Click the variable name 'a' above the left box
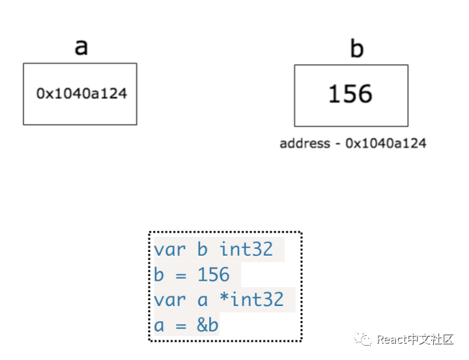pyautogui.click(x=81, y=47)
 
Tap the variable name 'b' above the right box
pyautogui.click(x=356, y=49)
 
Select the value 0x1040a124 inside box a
pyautogui.click(x=81, y=93)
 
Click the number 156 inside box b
pyautogui.click(x=350, y=94)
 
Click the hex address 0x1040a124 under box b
pyautogui.click(x=386, y=143)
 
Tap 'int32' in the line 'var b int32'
pyautogui.click(x=246, y=249)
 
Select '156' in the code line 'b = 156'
pyautogui.click(x=214, y=275)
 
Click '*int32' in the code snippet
pyautogui.click(x=251, y=299)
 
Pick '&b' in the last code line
pyautogui.click(x=208, y=325)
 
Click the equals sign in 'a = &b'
pyautogui.click(x=181, y=325)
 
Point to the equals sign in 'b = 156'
pyautogui.click(x=181, y=275)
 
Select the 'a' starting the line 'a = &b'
pyautogui.click(x=160, y=325)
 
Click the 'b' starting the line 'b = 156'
pyautogui.click(x=160, y=275)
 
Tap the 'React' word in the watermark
pyautogui.click(x=391, y=340)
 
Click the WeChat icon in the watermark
pyautogui.click(x=363, y=339)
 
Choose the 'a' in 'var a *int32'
pyautogui.click(x=203, y=299)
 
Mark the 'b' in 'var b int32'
pyautogui.click(x=203, y=249)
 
